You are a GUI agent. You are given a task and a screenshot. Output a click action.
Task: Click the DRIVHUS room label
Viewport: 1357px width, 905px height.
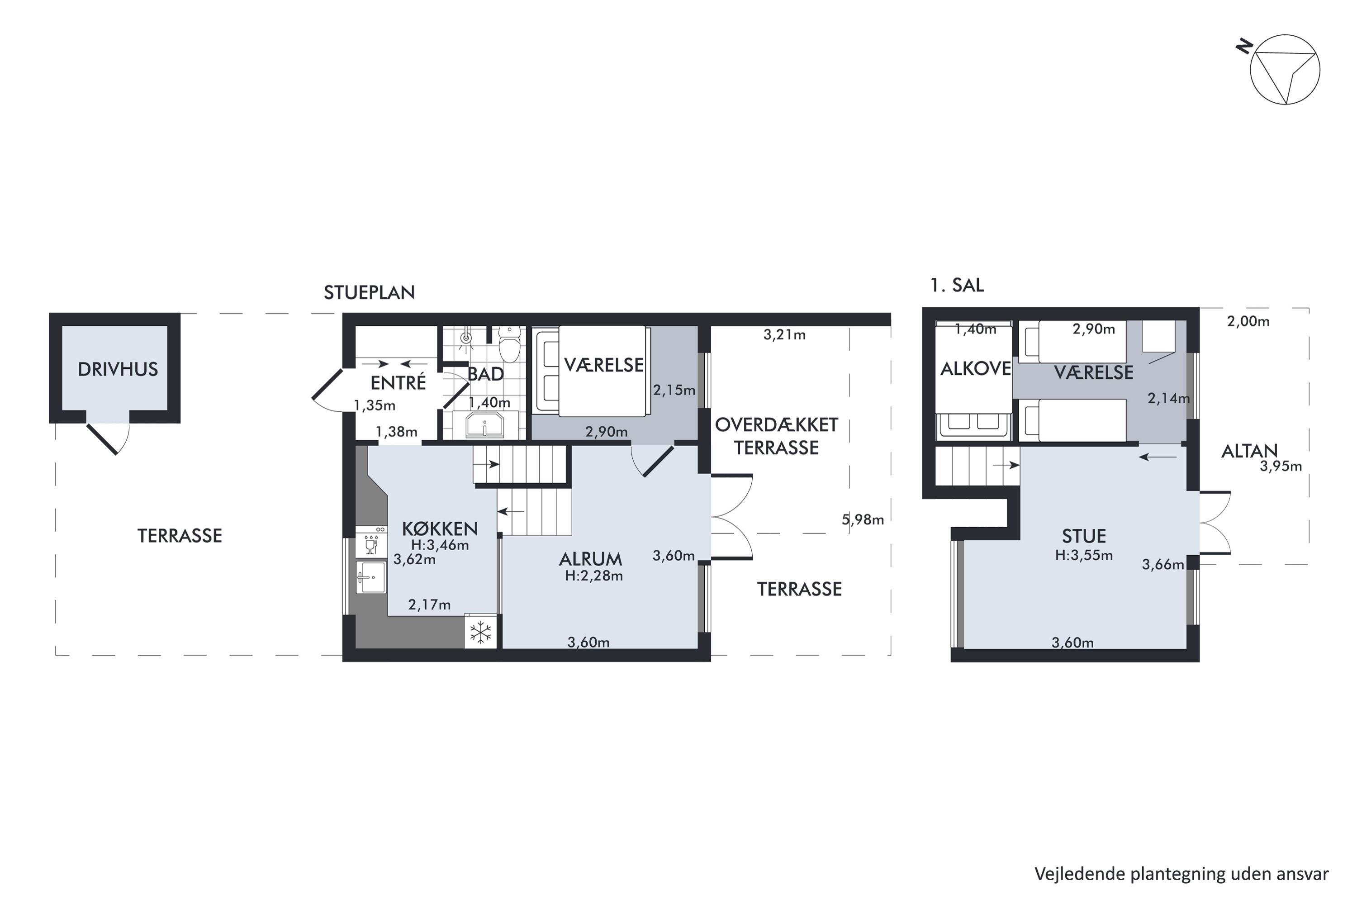tap(118, 369)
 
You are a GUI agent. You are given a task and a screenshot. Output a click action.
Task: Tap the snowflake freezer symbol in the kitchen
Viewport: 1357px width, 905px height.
tap(480, 633)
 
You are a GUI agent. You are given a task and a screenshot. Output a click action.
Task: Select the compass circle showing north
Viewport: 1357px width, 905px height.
tap(1285, 70)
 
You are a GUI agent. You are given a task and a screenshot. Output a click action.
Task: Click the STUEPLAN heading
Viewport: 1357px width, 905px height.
tap(369, 293)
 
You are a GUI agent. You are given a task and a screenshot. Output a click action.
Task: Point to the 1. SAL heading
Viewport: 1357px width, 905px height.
tap(957, 285)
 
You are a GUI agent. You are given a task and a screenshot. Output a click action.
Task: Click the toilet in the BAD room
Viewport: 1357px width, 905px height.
tap(509, 343)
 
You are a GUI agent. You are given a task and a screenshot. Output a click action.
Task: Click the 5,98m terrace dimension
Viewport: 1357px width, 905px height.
tap(863, 519)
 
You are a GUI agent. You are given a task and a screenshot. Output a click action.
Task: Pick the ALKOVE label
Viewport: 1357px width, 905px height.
tap(976, 369)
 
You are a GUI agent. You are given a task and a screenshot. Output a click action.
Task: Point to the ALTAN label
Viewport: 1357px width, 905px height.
tap(1250, 451)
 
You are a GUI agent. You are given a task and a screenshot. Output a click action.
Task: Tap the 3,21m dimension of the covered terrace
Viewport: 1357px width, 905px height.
tap(785, 335)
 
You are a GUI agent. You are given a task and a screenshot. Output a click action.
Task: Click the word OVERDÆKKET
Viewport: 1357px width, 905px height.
tap(777, 425)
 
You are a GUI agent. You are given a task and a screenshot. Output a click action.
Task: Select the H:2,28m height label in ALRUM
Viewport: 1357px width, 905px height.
tap(594, 576)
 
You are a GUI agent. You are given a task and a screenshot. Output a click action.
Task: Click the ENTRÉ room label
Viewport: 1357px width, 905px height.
tap(398, 383)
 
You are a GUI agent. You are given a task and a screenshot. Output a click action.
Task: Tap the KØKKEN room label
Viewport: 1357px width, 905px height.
tap(440, 529)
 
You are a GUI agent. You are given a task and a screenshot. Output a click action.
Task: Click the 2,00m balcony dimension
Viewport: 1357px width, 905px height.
tap(1248, 321)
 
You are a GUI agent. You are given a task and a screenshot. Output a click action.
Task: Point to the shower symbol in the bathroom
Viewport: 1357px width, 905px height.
tap(466, 339)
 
